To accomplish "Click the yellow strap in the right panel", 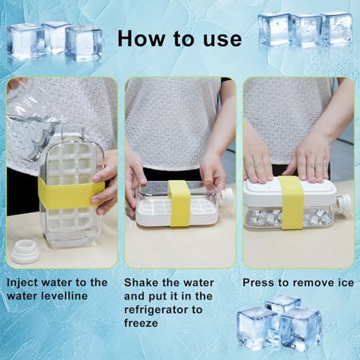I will click(x=291, y=202).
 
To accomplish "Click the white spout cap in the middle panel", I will click(x=226, y=196).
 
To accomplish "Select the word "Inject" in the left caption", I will click(x=22, y=283).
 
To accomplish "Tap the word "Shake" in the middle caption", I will click(x=140, y=283).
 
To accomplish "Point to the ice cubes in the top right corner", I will click(x=305, y=29).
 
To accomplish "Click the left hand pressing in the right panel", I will click(x=258, y=158).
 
